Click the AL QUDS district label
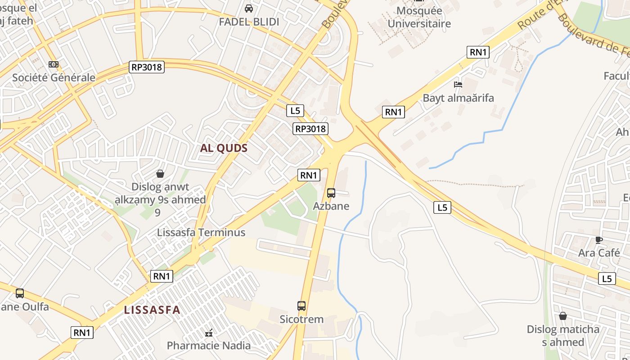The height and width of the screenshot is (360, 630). [x=224, y=148]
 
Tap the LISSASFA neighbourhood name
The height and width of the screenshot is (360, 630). [x=152, y=310]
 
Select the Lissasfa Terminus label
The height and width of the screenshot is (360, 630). [x=201, y=232]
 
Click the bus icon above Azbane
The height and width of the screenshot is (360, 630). [x=331, y=193]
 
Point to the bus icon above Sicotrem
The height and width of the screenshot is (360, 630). [x=301, y=306]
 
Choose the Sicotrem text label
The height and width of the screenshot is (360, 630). [x=301, y=319]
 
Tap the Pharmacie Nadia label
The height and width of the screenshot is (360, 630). [x=209, y=346]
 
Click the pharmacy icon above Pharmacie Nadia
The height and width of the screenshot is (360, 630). [x=209, y=333]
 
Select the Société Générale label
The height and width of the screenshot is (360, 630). [x=54, y=77]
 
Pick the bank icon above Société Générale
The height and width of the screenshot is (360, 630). [x=54, y=64]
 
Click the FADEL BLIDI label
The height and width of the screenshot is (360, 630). [x=249, y=22]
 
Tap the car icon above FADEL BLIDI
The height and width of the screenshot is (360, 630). [x=249, y=9]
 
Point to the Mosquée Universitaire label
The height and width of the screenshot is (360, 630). [x=419, y=17]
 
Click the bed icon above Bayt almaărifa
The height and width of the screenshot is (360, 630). [x=458, y=84]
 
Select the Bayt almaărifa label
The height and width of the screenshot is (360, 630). [x=458, y=98]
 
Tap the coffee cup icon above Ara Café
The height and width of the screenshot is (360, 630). [x=598, y=240]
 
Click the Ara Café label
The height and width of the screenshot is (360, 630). [x=599, y=253]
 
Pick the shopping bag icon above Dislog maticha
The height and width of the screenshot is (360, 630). [x=563, y=316]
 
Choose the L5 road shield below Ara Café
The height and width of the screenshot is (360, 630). [x=607, y=279]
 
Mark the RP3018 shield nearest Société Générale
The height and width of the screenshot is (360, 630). [x=147, y=67]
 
